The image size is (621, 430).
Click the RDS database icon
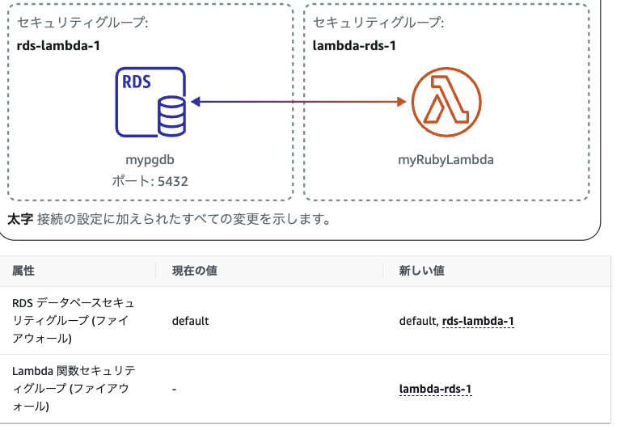coord(150,103)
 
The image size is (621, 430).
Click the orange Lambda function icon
coord(445,103)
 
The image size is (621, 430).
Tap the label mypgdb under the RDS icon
coord(150,160)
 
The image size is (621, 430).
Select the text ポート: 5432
coord(150,181)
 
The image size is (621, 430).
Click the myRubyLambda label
coord(446,160)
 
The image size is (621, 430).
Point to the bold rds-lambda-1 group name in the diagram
coord(58,45)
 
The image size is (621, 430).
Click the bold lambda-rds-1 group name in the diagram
coord(354,45)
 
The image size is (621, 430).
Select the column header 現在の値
coord(194,271)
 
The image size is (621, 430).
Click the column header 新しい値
coord(422,271)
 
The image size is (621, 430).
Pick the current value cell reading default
coord(191,321)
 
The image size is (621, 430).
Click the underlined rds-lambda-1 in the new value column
coord(478,321)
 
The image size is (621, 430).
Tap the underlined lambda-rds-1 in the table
coord(436,389)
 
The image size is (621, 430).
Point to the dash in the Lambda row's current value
coord(175,389)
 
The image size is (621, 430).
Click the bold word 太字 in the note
coord(19,219)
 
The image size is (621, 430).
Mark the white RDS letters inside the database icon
coord(135,82)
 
